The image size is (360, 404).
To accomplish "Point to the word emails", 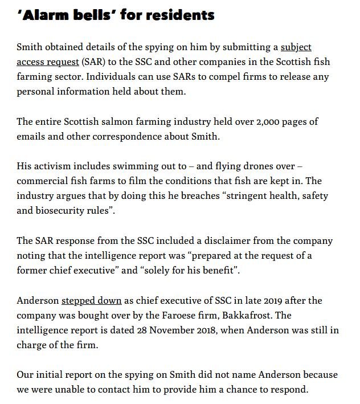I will [x=32, y=137].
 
